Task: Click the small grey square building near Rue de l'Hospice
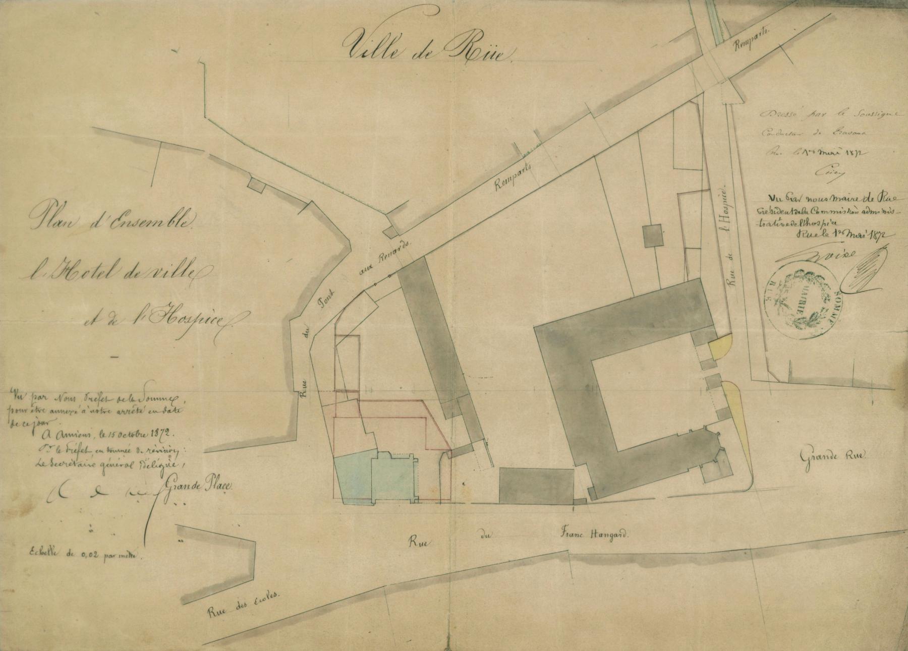pyautogui.click(x=654, y=235)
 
